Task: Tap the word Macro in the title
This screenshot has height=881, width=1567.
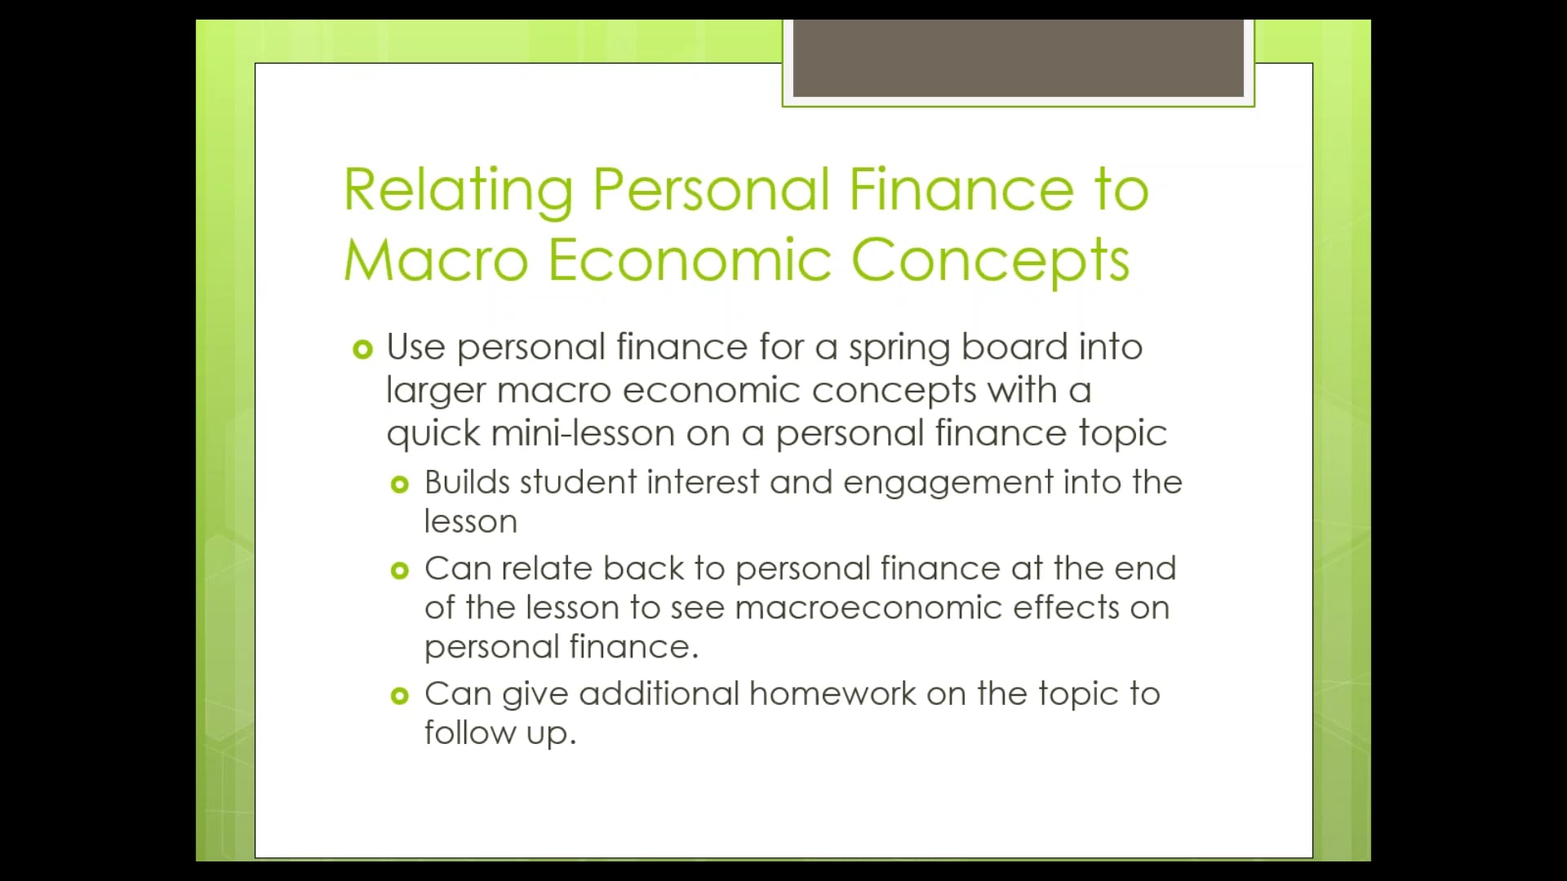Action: point(436,261)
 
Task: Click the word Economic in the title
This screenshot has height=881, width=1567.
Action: point(690,261)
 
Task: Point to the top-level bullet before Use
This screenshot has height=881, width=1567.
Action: point(362,350)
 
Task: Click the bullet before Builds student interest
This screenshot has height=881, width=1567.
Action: point(399,485)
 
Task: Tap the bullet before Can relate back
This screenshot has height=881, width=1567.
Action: point(399,571)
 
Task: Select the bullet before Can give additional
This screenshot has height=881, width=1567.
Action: point(399,696)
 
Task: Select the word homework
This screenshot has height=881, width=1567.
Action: point(832,694)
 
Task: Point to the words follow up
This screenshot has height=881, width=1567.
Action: point(499,733)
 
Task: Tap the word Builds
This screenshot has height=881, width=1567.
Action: point(467,482)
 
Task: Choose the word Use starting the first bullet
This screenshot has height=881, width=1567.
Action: point(415,348)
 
